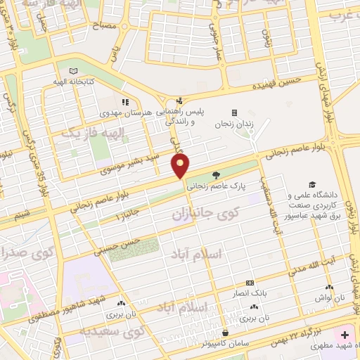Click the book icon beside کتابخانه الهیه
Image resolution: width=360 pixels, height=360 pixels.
(x=74, y=71)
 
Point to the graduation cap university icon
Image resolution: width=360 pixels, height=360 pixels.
(x=322, y=184)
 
